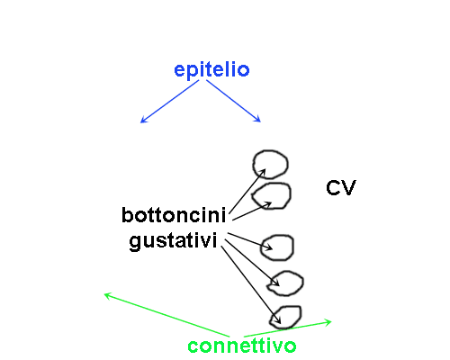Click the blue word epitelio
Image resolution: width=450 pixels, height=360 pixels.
[211, 70]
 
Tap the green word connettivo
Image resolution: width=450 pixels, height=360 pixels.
[242, 346]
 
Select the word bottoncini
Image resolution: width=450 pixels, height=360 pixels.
[174, 215]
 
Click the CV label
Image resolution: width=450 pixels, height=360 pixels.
[341, 188]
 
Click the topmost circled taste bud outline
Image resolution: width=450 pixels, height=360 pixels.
[254, 165]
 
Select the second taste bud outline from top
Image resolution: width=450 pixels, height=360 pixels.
[290, 195]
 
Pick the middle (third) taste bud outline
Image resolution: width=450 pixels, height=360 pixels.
[292, 247]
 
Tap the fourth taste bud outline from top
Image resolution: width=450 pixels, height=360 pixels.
[302, 283]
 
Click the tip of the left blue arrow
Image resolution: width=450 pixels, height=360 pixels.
[140, 122]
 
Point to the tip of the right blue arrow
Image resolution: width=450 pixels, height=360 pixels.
[261, 122]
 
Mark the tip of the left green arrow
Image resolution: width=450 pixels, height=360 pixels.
[104, 294]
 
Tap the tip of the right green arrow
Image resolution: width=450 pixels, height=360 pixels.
[331, 322]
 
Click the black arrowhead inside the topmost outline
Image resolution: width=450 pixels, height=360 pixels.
[265, 169]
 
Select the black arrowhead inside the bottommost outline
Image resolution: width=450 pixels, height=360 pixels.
[281, 324]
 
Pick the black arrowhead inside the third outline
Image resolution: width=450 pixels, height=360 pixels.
[273, 249]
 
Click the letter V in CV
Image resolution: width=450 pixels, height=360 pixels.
[348, 188]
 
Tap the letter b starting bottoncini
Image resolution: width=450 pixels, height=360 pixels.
[127, 215]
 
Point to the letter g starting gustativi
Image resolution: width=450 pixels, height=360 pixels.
[135, 243]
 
